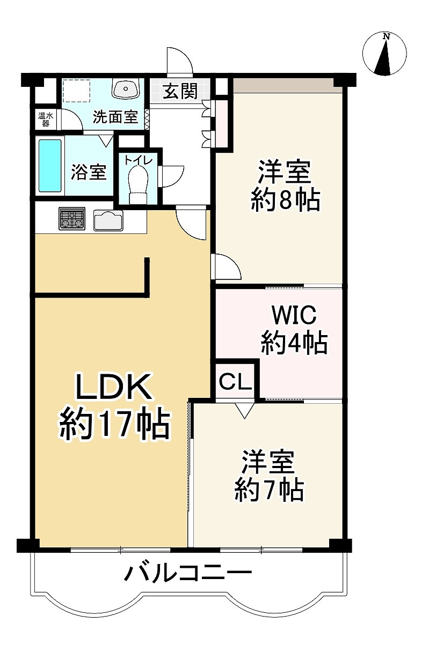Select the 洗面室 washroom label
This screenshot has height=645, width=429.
click(x=115, y=117)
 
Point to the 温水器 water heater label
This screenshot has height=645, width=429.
click(x=44, y=118)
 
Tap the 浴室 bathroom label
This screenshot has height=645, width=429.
click(x=89, y=172)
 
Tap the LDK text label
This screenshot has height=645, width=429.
click(x=113, y=387)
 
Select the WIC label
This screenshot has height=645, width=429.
click(x=294, y=315)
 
